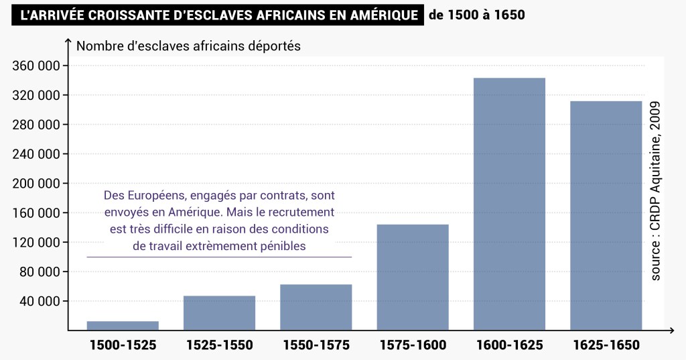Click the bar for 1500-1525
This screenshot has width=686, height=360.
coord(123,326)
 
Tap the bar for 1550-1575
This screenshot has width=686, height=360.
coord(316,307)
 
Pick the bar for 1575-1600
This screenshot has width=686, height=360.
coord(413,277)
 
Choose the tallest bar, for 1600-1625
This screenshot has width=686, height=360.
coord(509,204)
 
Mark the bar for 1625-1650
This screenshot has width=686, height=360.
coord(606,215)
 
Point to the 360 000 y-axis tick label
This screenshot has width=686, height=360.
coord(36,66)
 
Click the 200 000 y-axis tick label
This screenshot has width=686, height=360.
coord(36,184)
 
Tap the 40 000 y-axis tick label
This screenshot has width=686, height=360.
coord(40,302)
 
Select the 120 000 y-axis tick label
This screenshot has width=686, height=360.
coord(36,243)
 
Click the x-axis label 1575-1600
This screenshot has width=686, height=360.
coord(413,346)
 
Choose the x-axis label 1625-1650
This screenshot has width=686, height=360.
coord(606,346)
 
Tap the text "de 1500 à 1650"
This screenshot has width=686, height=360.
coord(476,15)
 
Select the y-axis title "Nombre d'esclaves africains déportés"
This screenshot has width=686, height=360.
coord(189,46)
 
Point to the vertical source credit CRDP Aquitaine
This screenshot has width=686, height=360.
coord(656,191)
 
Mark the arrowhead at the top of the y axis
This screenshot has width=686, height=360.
coord(68,42)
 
